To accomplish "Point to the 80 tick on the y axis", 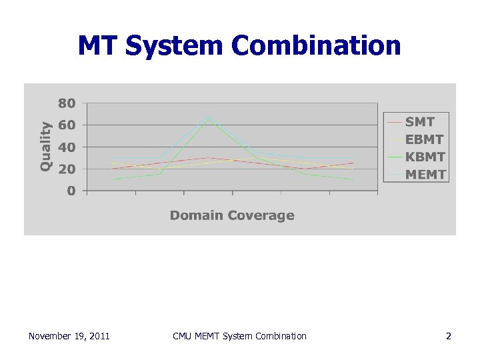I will [67, 103].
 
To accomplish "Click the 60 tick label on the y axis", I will [67, 125].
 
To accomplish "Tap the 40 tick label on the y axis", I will [67, 147].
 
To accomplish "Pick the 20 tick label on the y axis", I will [67, 169].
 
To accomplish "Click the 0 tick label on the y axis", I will [71, 191].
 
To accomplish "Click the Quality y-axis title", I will [45, 145].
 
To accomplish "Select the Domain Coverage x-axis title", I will [232, 215].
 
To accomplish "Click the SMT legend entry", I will [419, 122].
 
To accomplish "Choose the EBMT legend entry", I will [424, 140].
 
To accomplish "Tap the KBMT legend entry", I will [425, 157].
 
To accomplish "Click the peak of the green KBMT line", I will [208, 120].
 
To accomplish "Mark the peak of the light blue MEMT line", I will [208, 115].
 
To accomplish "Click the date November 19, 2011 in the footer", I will [69, 336].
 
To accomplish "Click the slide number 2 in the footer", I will [449, 336].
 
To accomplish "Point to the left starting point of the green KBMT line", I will [112, 179].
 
